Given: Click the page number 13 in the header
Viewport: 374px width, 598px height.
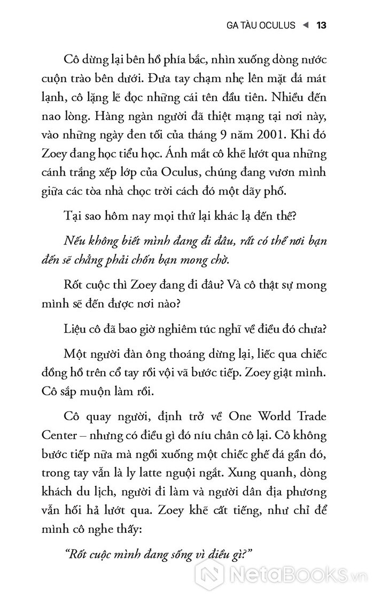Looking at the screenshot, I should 321,25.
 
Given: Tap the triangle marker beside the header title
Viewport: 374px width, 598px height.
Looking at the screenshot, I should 306,25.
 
